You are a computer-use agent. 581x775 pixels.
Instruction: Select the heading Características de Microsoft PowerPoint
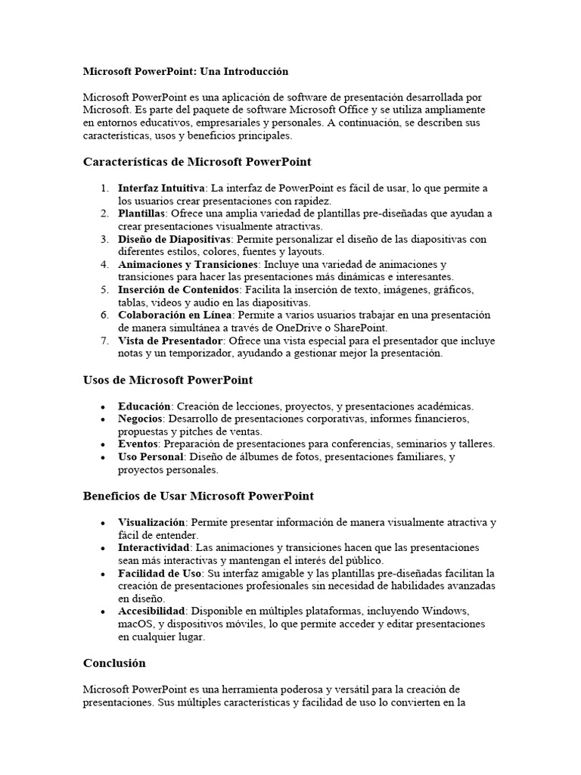(x=197, y=161)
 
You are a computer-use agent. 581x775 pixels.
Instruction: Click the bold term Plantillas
(x=141, y=213)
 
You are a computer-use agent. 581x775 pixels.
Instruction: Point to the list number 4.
(x=104, y=264)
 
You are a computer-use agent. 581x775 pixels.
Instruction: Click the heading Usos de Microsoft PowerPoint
(x=167, y=379)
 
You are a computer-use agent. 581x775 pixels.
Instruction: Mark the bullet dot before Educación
(x=103, y=406)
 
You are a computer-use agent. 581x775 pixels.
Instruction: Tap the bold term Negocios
(x=141, y=419)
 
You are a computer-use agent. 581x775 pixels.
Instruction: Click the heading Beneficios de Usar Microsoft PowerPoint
(x=197, y=496)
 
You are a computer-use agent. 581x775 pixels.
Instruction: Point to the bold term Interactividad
(x=152, y=547)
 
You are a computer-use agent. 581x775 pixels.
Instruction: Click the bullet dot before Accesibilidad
(x=103, y=612)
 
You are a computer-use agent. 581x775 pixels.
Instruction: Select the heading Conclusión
(x=113, y=663)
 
